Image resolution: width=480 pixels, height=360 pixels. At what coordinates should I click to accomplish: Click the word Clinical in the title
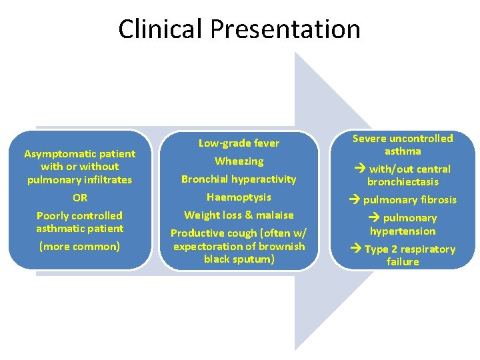click(161, 29)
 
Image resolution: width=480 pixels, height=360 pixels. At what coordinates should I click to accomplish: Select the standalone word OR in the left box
click(80, 198)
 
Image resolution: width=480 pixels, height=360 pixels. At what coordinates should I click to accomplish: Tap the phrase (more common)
click(80, 247)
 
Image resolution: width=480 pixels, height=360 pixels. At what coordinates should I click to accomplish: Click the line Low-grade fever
click(239, 143)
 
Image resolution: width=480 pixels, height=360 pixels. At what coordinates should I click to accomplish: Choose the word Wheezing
click(239, 161)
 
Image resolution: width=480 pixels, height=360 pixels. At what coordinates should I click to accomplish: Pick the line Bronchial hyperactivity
click(239, 179)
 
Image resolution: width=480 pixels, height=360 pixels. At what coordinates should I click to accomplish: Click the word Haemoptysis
click(239, 197)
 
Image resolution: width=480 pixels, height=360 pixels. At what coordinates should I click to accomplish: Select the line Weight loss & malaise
click(239, 215)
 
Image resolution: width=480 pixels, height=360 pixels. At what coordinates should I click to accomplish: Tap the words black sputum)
click(239, 259)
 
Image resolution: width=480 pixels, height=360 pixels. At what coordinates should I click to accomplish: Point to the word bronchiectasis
click(403, 182)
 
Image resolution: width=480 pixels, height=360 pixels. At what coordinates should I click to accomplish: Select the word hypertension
click(403, 231)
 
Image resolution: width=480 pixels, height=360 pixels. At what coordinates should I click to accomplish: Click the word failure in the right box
click(403, 262)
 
